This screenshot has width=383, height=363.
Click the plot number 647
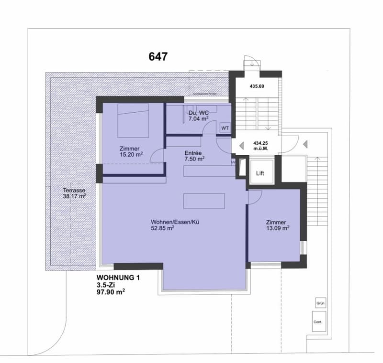coord(158,57)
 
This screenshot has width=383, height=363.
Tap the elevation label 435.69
coord(257,86)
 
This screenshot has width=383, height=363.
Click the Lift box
coord(260,173)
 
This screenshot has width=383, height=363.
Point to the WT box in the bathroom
coord(225,128)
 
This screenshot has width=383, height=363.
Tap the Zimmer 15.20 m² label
coord(131,151)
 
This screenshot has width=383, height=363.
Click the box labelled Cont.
coord(318,322)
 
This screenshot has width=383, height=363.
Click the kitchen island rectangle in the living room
coord(204,201)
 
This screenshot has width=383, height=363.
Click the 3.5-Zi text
coord(106,284)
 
